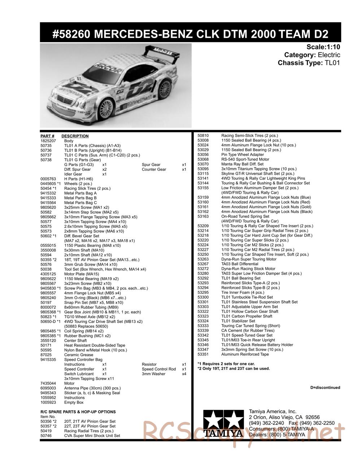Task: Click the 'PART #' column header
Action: [47, 136]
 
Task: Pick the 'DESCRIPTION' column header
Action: [75, 136]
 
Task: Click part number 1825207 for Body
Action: [48, 141]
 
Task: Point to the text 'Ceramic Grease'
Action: [78, 355]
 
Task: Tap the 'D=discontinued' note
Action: [325, 388]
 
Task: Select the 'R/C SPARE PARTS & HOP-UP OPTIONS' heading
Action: [78, 412]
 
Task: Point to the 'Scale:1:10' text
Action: [323, 47]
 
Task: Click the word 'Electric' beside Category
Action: [329, 55]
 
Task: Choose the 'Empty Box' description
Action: [74, 402]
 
